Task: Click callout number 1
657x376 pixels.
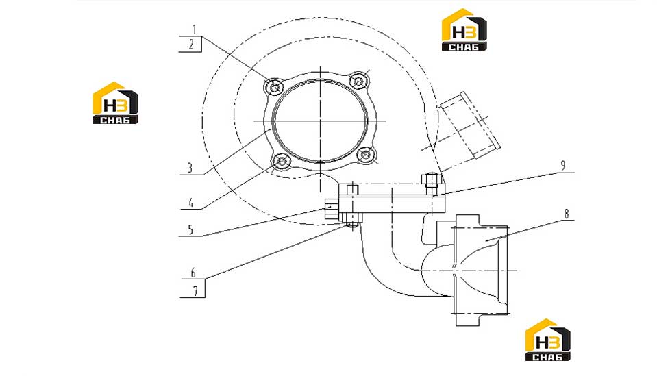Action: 194,29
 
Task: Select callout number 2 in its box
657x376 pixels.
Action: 191,44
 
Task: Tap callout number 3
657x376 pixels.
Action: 190,168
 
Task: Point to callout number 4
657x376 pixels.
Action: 190,203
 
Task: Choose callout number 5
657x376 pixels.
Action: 190,229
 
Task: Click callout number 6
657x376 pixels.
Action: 193,273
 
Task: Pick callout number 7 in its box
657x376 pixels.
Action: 195,290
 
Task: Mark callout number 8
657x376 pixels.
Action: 567,214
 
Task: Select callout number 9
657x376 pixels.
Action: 562,166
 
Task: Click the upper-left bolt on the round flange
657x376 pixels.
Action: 274,88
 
